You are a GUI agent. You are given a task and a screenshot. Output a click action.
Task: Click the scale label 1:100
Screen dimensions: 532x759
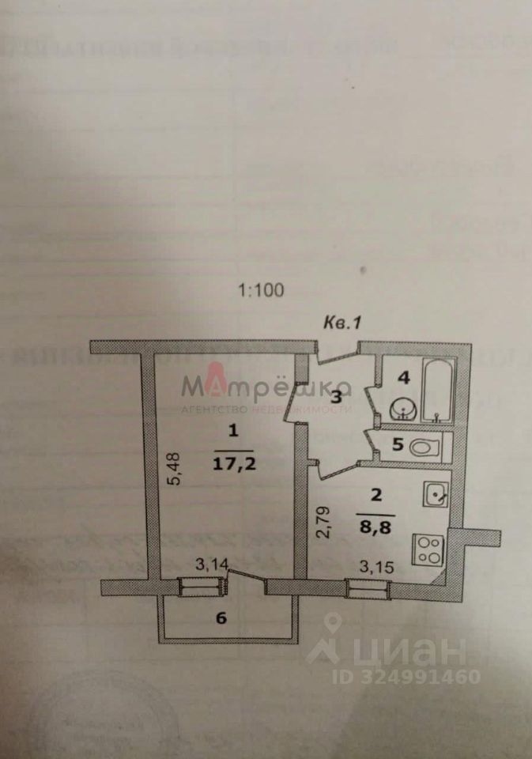(260, 290)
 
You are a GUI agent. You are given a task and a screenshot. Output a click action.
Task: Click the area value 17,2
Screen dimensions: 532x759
(232, 463)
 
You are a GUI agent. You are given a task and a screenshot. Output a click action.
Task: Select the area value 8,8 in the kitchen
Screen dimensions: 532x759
(375, 521)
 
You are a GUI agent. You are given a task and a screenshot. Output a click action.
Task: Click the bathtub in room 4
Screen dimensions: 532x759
(437, 391)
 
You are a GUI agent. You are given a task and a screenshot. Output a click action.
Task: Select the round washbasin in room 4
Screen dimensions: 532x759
(405, 410)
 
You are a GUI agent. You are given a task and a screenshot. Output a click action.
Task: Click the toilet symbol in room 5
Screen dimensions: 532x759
(425, 447)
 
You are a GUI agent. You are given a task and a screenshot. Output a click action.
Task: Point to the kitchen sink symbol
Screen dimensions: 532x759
(436, 495)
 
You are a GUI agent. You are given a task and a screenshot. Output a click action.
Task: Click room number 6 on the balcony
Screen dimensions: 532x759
(221, 618)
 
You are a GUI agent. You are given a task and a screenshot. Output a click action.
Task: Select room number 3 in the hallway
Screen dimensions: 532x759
(337, 397)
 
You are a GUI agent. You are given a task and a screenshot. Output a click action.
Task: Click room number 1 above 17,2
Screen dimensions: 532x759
(232, 431)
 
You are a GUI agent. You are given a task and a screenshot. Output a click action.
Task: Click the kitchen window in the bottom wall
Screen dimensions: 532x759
(367, 587)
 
